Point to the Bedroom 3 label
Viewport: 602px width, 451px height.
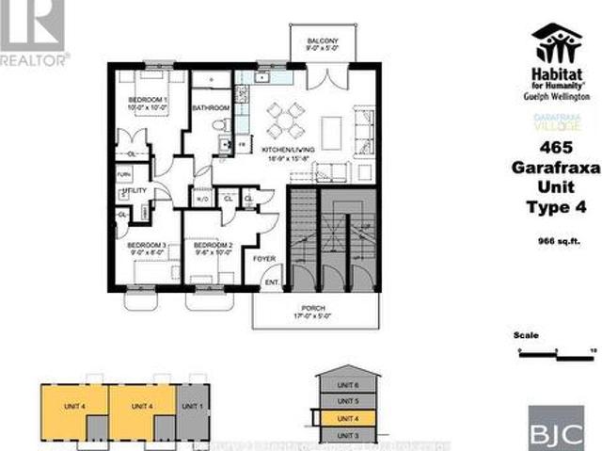(147, 247)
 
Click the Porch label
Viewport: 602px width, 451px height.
(313, 307)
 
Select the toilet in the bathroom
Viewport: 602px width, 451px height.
(220, 124)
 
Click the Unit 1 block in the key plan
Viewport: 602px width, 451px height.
(191, 405)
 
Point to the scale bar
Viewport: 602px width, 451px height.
(555, 350)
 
